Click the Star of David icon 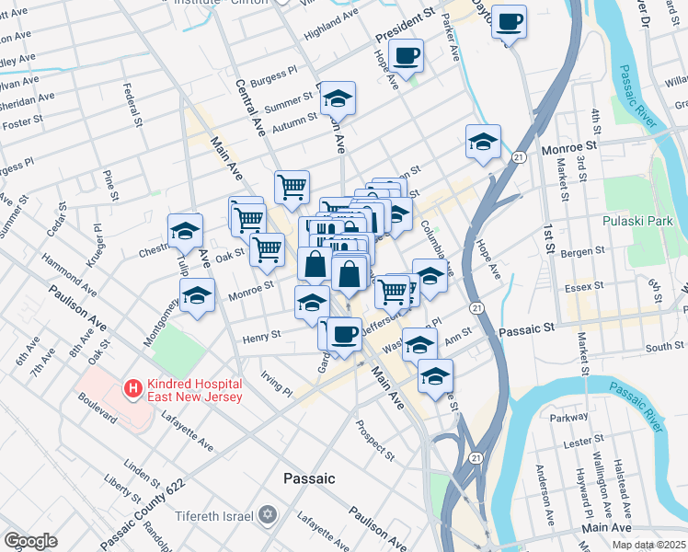click(x=268, y=512)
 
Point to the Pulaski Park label click(x=637, y=221)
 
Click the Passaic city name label click(x=309, y=479)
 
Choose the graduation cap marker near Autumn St click(x=338, y=98)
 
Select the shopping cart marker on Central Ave click(x=292, y=187)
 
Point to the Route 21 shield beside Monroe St click(x=520, y=158)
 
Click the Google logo click(x=30, y=540)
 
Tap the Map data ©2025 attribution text click(x=648, y=544)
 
